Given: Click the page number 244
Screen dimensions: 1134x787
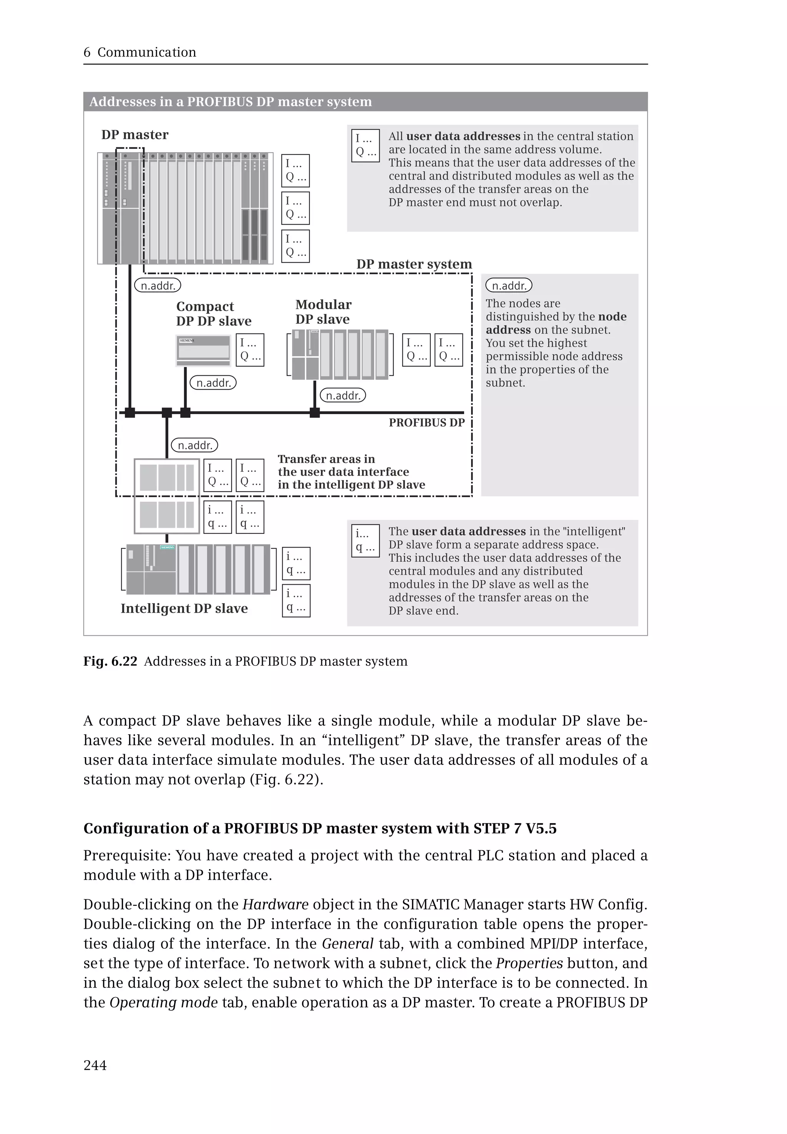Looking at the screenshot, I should [x=95, y=1065].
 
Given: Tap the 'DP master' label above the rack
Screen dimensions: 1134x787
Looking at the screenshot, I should [x=134, y=135].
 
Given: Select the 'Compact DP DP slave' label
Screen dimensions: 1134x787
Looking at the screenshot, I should [x=214, y=314].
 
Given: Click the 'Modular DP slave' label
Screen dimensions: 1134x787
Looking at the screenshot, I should [x=323, y=312].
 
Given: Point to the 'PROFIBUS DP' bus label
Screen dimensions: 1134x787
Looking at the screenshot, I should [x=427, y=423].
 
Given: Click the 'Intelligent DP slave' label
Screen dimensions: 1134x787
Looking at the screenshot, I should [x=184, y=608].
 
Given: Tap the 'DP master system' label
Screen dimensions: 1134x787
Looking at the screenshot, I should [x=414, y=264].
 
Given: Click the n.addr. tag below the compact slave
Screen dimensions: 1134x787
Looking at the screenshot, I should [x=213, y=383].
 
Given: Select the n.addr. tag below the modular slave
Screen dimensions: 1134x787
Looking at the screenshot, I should [x=343, y=395].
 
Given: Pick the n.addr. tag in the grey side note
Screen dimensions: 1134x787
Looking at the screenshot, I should [x=509, y=286].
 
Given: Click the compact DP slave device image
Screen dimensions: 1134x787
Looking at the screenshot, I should [x=203, y=350].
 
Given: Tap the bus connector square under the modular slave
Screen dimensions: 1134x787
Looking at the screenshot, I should [x=315, y=413].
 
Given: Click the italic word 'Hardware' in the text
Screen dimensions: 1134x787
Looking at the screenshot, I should [x=275, y=904].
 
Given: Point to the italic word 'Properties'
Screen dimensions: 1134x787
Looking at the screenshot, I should [x=529, y=963].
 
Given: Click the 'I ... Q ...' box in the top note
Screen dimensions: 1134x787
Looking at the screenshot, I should [x=365, y=146].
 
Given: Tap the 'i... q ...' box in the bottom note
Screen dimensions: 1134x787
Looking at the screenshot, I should [x=365, y=541].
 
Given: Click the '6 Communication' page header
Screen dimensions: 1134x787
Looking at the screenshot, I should [x=140, y=52].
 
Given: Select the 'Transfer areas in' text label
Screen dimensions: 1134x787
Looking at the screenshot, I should [x=326, y=459].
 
